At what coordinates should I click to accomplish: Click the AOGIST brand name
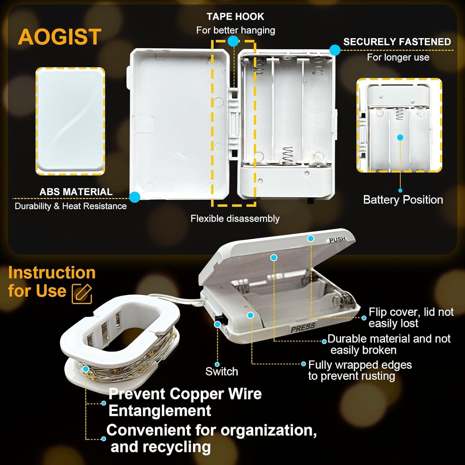(59, 37)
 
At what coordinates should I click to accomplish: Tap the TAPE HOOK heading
(235, 17)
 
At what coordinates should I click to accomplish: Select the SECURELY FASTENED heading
(397, 42)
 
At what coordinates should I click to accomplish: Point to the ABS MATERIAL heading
(76, 192)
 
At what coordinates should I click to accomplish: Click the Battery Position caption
(403, 200)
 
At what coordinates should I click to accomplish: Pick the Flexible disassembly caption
(235, 219)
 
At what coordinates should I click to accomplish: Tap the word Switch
(222, 371)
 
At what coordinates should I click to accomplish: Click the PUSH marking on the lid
(337, 240)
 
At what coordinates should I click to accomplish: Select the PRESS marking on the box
(303, 327)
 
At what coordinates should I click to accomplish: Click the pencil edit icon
(82, 294)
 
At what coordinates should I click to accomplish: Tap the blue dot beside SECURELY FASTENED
(335, 50)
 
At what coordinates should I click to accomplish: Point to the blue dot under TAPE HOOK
(233, 41)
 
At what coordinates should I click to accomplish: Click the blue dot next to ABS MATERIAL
(135, 197)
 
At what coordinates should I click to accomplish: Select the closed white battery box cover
(70, 121)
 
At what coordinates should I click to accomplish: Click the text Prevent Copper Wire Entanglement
(185, 402)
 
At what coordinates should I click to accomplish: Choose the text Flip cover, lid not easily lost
(411, 317)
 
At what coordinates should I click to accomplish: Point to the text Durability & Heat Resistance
(70, 206)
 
